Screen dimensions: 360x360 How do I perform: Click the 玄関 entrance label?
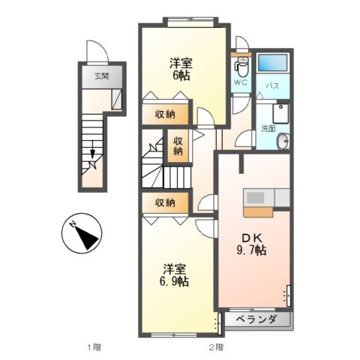point(100,76)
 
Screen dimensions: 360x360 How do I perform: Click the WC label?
point(241,82)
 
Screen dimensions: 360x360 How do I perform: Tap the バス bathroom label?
point(273,86)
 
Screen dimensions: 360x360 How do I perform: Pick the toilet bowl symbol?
point(241,65)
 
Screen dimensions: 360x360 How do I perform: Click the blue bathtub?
point(273,63)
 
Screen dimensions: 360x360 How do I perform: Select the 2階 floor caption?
point(216,347)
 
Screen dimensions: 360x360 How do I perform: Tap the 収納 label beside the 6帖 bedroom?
point(166,114)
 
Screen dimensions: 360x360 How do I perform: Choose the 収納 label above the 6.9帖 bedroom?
point(166,202)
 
